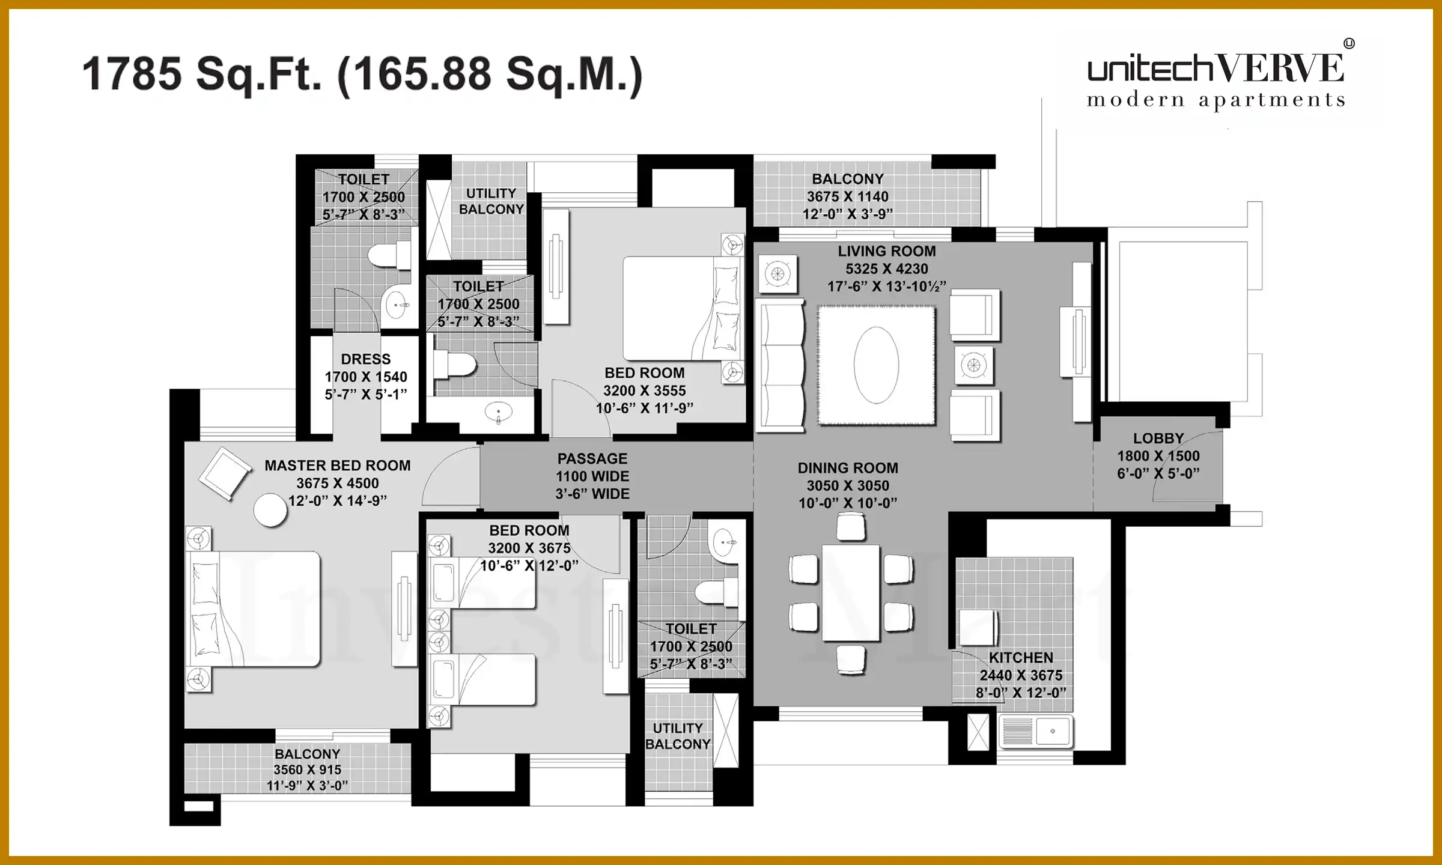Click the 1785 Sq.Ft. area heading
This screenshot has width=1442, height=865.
pyautogui.click(x=362, y=74)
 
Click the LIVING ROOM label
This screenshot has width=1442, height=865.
pyautogui.click(x=887, y=251)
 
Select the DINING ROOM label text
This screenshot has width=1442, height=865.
pyautogui.click(x=848, y=468)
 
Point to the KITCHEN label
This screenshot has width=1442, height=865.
pyautogui.click(x=1021, y=658)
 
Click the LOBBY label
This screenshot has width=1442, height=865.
pyautogui.click(x=1158, y=439)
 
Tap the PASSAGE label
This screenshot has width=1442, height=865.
pyautogui.click(x=592, y=459)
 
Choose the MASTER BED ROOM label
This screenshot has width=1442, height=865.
pyautogui.click(x=338, y=466)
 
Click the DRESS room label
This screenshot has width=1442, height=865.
pyautogui.click(x=366, y=359)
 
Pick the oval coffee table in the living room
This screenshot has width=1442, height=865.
pyautogui.click(x=877, y=365)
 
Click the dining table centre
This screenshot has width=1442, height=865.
pyautogui.click(x=851, y=593)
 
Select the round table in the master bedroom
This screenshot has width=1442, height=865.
pyautogui.click(x=270, y=511)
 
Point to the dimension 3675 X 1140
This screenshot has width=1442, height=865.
pyautogui.click(x=847, y=196)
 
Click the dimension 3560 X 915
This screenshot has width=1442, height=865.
pyautogui.click(x=307, y=769)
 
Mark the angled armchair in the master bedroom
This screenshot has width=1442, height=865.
pyautogui.click(x=225, y=473)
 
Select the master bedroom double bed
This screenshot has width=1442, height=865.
pyautogui.click(x=255, y=609)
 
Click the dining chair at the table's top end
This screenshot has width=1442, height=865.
pyautogui.click(x=851, y=528)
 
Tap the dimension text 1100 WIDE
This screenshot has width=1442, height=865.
pyautogui.click(x=592, y=476)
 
